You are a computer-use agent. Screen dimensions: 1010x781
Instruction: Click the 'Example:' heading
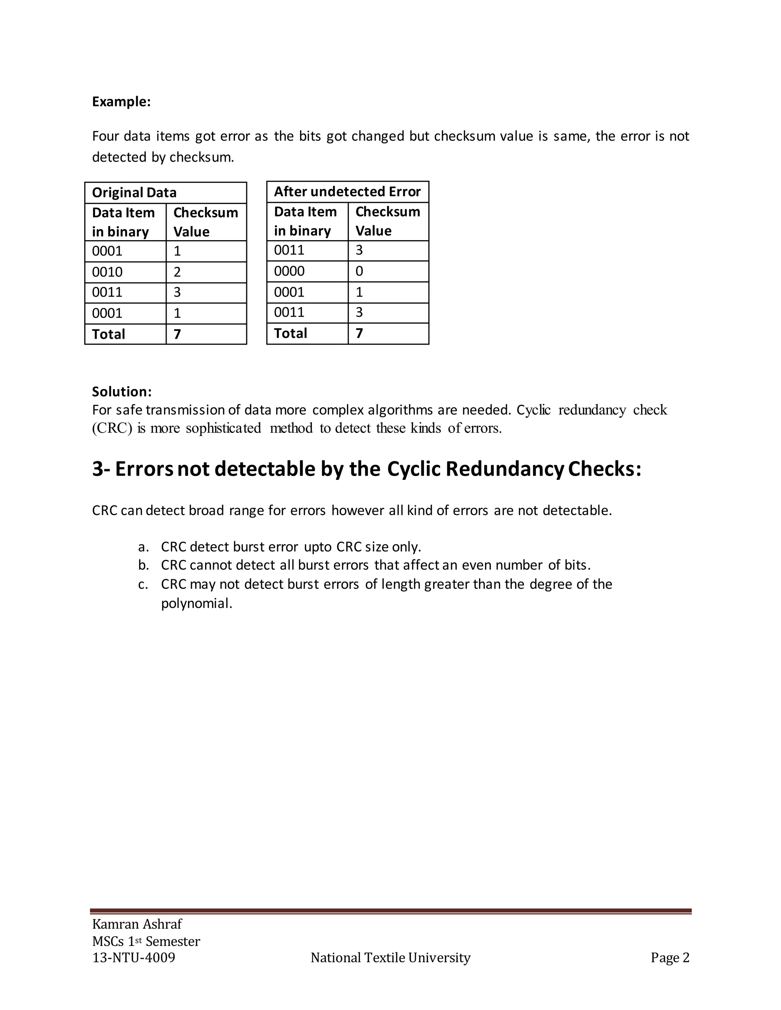click(121, 102)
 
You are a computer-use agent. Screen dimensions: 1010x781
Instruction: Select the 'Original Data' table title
click(134, 192)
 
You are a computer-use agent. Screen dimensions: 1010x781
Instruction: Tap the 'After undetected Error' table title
click(347, 191)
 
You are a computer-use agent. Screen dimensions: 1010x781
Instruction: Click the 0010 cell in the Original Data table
click(107, 272)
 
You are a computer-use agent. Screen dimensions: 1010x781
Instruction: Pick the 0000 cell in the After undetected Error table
click(289, 271)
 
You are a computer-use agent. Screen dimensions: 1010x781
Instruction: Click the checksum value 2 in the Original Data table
click(177, 272)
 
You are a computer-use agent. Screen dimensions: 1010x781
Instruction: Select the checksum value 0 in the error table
click(359, 271)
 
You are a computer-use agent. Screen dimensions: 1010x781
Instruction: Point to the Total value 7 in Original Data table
click(177, 334)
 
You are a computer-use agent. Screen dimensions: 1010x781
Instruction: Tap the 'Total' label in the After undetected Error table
click(291, 333)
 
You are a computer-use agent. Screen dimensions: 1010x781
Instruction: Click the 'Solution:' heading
click(122, 392)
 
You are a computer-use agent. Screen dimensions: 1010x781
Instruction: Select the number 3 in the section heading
click(98, 469)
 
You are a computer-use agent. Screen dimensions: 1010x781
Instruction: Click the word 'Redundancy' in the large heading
click(504, 469)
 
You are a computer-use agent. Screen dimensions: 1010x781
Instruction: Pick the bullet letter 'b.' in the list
click(143, 565)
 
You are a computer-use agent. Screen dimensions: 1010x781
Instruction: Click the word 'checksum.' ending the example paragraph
click(202, 157)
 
